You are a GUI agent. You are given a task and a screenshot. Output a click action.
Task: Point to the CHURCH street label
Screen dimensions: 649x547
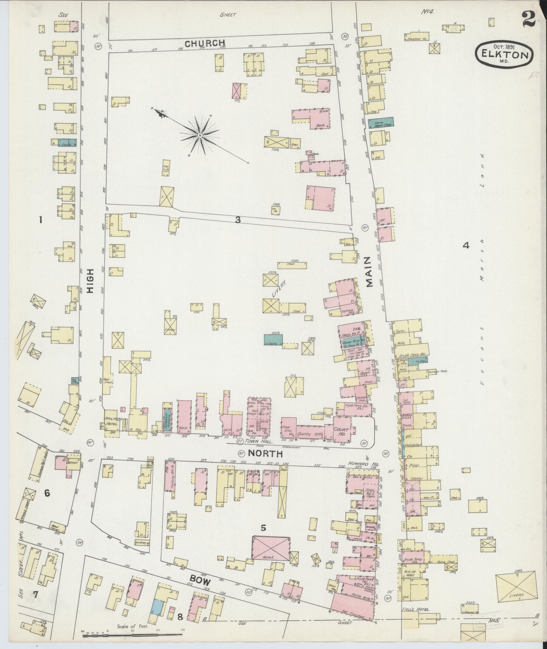pos(205,43)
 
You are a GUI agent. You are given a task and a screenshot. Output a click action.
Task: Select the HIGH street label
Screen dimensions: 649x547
pos(90,284)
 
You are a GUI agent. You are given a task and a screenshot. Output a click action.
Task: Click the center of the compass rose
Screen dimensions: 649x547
pos(200,136)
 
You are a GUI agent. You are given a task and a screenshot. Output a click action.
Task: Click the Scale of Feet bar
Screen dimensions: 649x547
pos(132,633)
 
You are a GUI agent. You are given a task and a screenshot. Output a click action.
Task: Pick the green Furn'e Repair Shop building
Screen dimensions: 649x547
pos(383,122)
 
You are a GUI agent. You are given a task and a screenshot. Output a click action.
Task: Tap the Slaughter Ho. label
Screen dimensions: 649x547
pos(416,39)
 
